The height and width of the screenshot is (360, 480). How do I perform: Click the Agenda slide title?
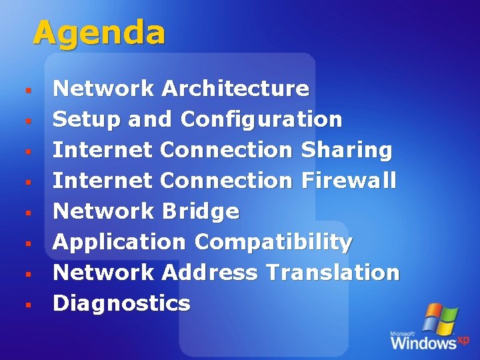click(99, 33)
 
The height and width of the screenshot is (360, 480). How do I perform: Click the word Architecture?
click(235, 89)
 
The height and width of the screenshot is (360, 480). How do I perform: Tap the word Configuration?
click(261, 120)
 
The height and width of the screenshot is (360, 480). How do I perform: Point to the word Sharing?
click(347, 150)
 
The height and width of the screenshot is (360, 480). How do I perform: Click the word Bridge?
click(200, 211)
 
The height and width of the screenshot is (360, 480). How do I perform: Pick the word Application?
click(119, 242)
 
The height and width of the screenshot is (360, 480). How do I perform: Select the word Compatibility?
click(273, 242)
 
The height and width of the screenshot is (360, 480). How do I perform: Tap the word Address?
click(209, 272)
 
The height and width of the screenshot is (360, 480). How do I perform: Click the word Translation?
click(332, 272)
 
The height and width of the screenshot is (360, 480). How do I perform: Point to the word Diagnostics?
click(121, 303)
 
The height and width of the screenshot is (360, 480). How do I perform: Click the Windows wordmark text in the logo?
click(423, 342)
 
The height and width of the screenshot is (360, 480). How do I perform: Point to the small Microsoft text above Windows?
click(403, 333)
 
